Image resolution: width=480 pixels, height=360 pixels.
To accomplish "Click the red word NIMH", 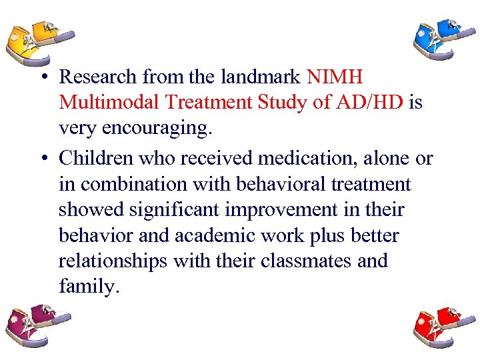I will (x=335, y=78).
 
